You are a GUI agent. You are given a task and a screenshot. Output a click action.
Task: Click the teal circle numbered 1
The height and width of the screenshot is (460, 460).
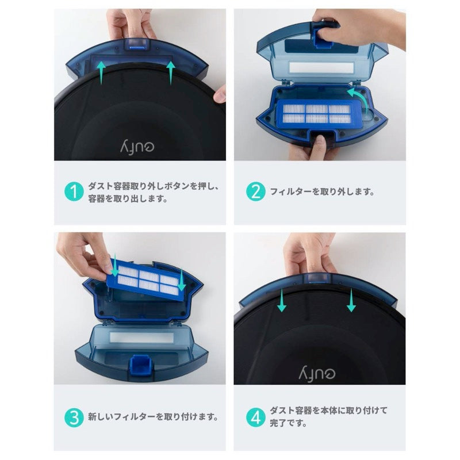tap(74, 192)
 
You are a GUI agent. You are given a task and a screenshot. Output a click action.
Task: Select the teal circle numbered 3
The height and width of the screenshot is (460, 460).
tap(74, 416)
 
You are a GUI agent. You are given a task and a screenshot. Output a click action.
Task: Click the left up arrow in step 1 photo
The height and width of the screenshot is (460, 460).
tap(101, 73)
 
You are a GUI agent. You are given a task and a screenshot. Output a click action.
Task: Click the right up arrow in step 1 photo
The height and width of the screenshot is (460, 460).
tap(171, 73)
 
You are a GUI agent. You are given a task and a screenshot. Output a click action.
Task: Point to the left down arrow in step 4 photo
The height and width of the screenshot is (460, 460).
tap(281, 301)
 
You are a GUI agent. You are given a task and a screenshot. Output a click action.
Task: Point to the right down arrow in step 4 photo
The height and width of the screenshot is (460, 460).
tap(351, 301)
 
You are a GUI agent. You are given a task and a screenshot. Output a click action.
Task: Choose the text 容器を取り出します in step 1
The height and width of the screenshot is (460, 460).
tap(128, 199)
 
